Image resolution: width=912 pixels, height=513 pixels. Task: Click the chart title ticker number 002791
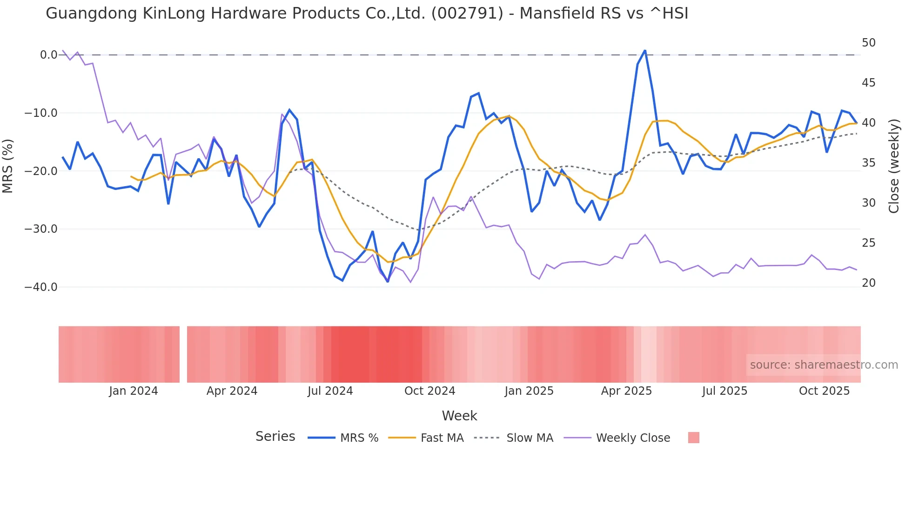[467, 13]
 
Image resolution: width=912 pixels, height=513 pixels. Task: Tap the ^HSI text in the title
[669, 13]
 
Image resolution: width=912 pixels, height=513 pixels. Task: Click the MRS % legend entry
[359, 438]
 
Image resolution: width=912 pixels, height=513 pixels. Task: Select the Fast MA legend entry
[442, 438]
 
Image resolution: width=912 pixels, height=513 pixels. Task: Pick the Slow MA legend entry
[530, 438]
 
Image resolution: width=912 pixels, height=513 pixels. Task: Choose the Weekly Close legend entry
[633, 438]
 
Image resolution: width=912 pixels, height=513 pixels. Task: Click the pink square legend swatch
[693, 438]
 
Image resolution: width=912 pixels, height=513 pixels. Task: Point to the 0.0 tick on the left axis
[48, 55]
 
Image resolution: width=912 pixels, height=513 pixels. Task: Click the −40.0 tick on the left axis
[41, 287]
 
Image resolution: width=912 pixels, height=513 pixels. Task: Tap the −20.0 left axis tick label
[41, 171]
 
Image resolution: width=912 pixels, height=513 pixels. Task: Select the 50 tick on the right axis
[868, 43]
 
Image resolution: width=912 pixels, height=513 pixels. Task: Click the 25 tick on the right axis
[868, 243]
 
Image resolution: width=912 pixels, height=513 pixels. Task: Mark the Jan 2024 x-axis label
[134, 391]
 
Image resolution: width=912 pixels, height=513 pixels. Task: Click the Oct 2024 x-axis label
[429, 391]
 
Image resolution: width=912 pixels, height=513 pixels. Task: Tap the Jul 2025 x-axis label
[724, 391]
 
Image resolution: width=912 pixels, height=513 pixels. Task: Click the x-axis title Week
[459, 416]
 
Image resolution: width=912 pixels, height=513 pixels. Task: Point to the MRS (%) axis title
[7, 166]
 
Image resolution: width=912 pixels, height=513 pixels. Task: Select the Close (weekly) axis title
[893, 166]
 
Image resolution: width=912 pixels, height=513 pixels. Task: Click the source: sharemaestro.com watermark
[824, 365]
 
